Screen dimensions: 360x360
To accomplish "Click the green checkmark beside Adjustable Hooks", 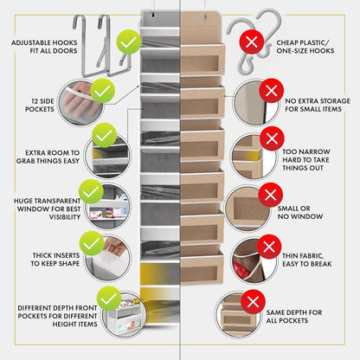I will (129, 41).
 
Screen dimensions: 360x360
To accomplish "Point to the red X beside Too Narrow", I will (271, 138).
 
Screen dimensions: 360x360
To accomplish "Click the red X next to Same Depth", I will (254, 300).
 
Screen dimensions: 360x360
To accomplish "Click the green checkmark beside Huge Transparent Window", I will (90, 191).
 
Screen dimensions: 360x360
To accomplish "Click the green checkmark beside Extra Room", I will (104, 135).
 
